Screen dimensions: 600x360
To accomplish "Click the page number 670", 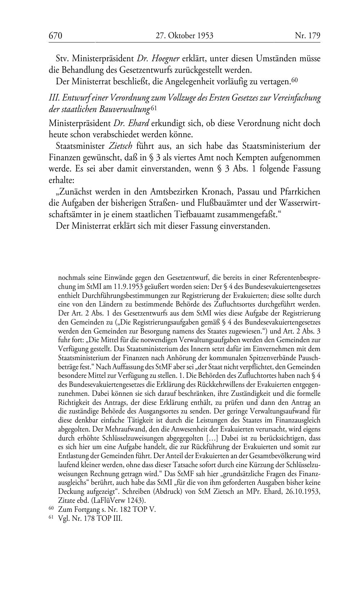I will [x=56, y=36].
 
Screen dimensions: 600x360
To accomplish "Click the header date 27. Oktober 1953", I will [x=184, y=36].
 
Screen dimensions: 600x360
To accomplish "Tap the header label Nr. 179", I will [x=307, y=36].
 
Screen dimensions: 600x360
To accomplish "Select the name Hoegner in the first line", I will [x=166, y=58].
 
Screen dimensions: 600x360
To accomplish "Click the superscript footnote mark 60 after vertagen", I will [x=294, y=81].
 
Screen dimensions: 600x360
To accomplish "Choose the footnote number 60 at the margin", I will [x=51, y=509].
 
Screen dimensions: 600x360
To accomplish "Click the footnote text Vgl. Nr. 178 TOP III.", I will [x=90, y=519].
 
